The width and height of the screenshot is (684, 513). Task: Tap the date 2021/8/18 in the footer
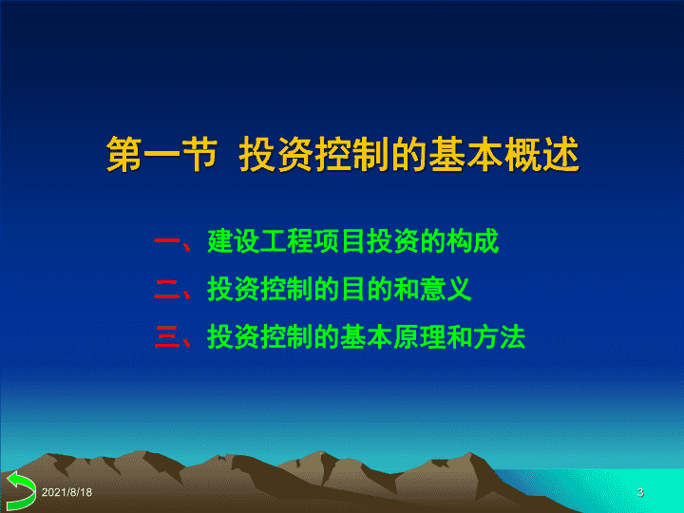(66, 492)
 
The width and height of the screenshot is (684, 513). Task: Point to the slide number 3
(640, 492)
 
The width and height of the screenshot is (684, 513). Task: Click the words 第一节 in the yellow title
(161, 154)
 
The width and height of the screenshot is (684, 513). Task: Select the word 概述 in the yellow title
(541, 154)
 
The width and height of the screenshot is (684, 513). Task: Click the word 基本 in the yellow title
(465, 154)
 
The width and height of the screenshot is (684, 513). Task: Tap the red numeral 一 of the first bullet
(167, 240)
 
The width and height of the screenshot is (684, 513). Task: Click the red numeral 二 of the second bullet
(167, 289)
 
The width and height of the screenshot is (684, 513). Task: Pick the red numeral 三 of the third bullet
(167, 337)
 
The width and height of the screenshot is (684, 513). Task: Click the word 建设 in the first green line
(234, 240)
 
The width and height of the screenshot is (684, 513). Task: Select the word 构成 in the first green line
(472, 240)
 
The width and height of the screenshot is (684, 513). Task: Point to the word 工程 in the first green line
(287, 240)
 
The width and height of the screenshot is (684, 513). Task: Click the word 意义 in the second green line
(446, 289)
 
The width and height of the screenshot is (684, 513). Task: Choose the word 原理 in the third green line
(419, 337)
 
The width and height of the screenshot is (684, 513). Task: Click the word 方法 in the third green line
(499, 337)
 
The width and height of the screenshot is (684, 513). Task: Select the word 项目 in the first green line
(340, 240)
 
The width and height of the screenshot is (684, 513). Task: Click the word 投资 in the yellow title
(276, 154)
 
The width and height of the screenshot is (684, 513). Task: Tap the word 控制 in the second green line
(287, 289)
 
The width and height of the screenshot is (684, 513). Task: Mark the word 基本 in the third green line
(367, 337)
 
